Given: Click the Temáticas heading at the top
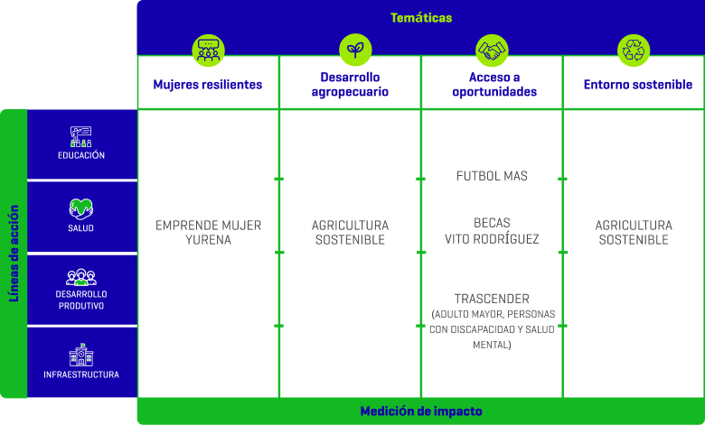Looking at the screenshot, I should tap(420, 18).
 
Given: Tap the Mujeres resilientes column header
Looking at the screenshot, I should tap(208, 85).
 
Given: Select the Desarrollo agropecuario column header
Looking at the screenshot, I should tap(350, 85).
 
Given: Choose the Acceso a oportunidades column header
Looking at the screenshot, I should tap(492, 85).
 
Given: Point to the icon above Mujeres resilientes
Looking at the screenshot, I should tap(209, 51).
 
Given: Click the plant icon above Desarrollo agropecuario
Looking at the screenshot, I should tap(351, 51).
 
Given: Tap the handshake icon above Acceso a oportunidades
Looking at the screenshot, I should tap(492, 51).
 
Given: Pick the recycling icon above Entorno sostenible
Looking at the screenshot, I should tap(634, 51).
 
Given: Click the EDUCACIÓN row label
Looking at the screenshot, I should tap(81, 155).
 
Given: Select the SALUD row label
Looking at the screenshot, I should tap(81, 228).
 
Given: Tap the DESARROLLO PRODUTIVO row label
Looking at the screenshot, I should tap(81, 300).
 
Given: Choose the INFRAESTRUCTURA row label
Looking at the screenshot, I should tap(81, 374).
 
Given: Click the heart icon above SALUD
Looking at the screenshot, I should tap(81, 208).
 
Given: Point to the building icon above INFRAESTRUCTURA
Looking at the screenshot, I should tap(81, 354).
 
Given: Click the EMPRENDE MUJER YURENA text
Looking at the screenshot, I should tap(209, 233).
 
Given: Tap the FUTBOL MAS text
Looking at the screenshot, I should tap(492, 176).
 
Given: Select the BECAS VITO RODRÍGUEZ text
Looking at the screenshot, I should tap(492, 231).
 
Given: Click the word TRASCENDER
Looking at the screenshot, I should tap(492, 299).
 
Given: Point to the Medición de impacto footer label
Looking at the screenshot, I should tap(421, 411).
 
